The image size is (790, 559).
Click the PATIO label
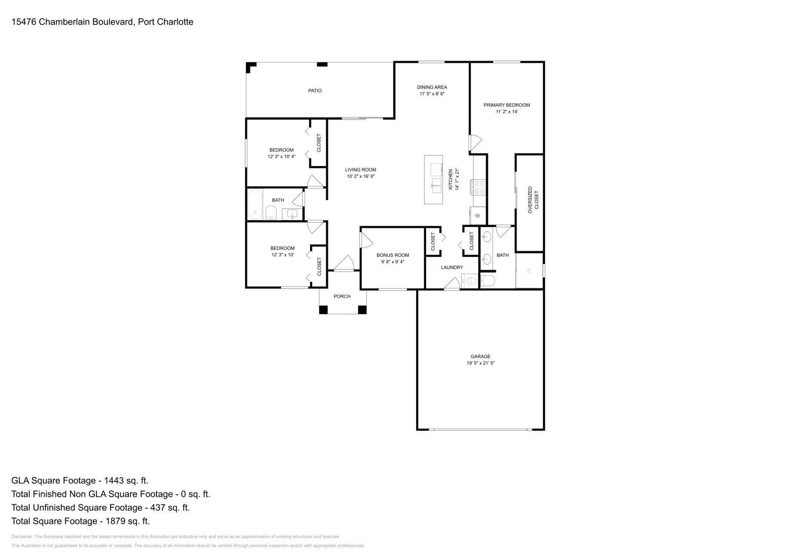click(315, 91)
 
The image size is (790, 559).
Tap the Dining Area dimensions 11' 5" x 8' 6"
click(432, 94)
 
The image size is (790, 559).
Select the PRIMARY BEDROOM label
click(507, 105)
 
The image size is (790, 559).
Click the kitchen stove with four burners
click(478, 187)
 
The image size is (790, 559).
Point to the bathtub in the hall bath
click(255, 204)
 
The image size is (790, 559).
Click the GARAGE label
click(480, 357)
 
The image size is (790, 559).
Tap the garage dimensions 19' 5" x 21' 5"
click(480, 363)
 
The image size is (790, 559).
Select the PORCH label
click(342, 296)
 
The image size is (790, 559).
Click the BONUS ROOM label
click(393, 255)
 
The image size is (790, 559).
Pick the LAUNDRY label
click(452, 267)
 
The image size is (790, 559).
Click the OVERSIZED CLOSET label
click(533, 200)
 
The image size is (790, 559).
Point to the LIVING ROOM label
click(360, 170)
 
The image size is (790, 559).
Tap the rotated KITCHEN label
click(450, 180)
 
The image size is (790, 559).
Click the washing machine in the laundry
click(470, 281)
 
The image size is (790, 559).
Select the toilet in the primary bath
click(487, 281)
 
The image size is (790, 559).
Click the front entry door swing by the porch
click(344, 263)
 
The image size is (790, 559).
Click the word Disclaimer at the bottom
click(22, 537)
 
